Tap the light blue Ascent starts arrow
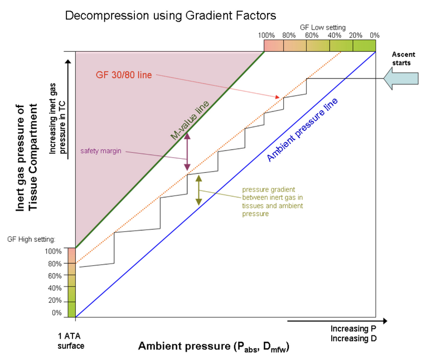pos(400,80)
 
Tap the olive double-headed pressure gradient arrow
pos(198,190)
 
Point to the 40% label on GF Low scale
pos(334,35)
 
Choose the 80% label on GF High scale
pos(55,263)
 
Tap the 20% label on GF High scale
pos(55,300)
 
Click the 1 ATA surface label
pos(71,342)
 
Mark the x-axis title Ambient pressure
pos(214,346)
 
